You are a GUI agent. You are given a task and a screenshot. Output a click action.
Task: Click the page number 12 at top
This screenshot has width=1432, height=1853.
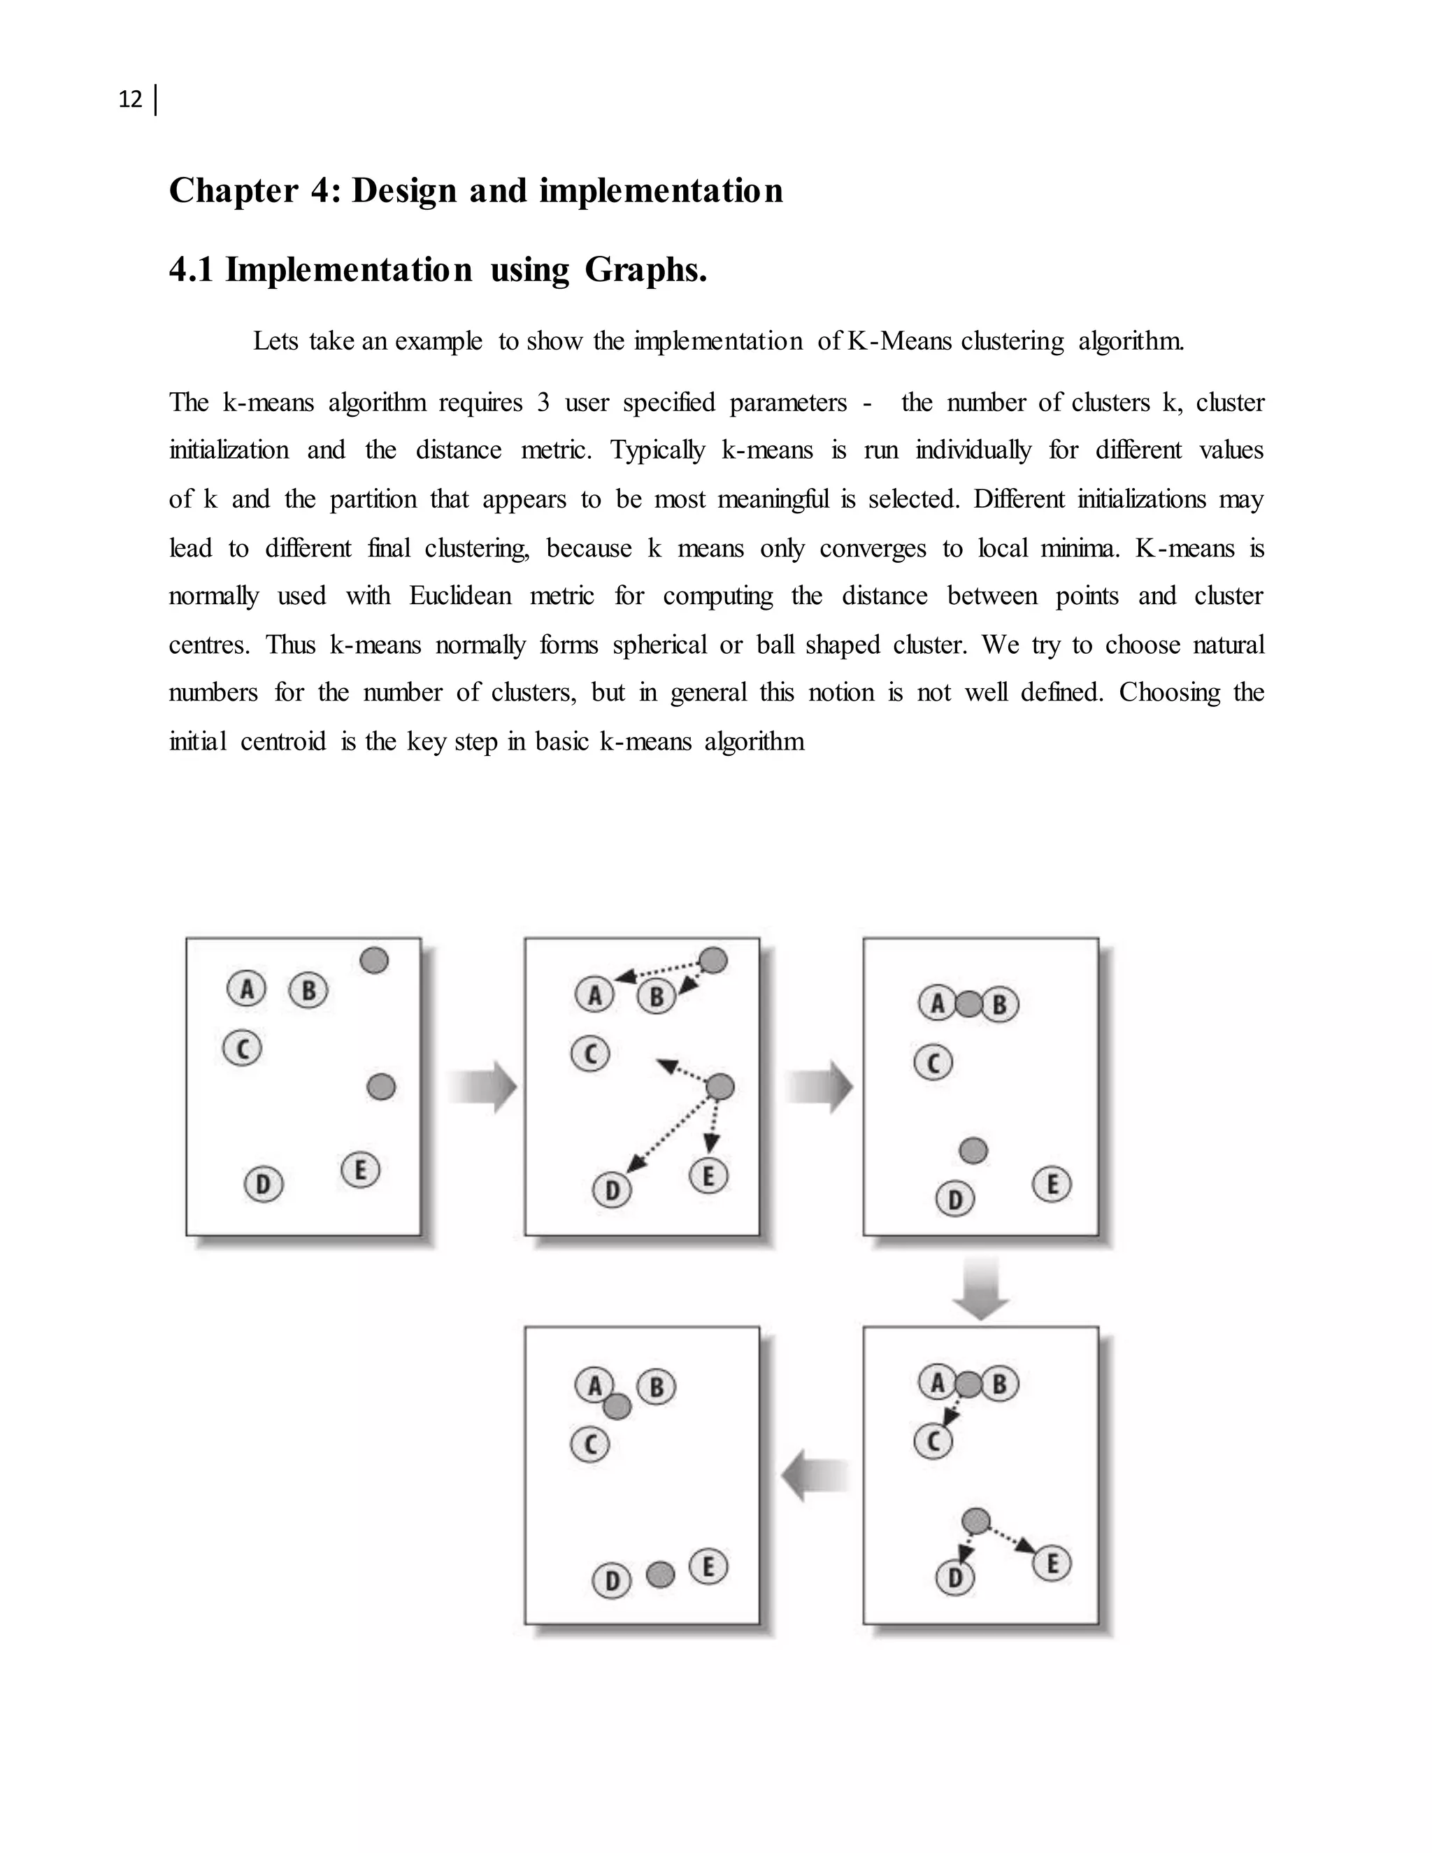[x=130, y=100]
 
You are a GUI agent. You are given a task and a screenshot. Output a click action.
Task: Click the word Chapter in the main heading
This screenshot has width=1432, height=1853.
[x=234, y=190]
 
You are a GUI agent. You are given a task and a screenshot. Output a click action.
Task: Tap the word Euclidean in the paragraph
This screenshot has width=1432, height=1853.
[x=460, y=596]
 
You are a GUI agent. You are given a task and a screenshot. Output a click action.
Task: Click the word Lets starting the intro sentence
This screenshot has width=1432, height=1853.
[x=275, y=341]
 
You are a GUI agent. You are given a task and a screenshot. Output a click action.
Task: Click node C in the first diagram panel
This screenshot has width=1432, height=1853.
[x=243, y=1048]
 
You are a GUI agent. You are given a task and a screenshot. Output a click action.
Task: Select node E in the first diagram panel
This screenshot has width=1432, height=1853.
[x=361, y=1170]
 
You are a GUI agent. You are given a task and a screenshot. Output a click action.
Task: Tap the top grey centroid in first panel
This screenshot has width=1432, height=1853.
[x=374, y=961]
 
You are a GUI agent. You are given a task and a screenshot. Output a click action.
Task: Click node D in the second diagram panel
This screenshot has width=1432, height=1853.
[x=612, y=1192]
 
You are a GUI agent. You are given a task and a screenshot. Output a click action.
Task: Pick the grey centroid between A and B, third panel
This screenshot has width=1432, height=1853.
[x=968, y=1005]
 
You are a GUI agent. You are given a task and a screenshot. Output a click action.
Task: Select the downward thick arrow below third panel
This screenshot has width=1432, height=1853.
[x=981, y=1288]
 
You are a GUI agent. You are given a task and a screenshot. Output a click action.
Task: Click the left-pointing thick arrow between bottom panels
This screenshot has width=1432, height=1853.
[x=815, y=1476]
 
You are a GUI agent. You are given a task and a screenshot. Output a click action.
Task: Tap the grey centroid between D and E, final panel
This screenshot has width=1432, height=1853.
[x=660, y=1575]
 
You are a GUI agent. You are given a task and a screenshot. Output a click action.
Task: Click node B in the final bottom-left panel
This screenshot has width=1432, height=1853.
[x=656, y=1387]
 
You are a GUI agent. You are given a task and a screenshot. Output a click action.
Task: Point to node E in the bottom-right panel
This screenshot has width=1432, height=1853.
[x=1052, y=1564]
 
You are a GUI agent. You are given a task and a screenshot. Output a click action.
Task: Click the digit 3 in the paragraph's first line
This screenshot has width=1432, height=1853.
[x=543, y=402]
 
